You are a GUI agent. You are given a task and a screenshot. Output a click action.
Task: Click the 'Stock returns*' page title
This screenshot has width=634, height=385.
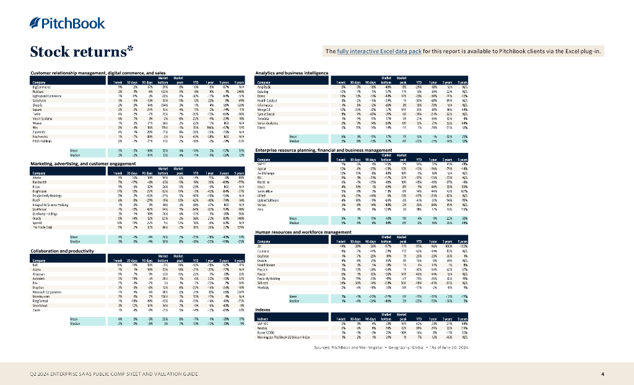82,51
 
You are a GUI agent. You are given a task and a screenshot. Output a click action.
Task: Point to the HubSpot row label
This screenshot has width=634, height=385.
37,92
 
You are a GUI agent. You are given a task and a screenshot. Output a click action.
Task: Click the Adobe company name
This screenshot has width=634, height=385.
36,178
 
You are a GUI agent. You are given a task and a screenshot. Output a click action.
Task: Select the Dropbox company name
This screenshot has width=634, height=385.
38,287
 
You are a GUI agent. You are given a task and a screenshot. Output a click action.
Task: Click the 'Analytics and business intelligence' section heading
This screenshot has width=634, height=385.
291,73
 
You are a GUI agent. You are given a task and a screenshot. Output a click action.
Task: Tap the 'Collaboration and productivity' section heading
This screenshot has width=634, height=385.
62,250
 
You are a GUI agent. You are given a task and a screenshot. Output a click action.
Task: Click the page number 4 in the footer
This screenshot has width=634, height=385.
602,374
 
